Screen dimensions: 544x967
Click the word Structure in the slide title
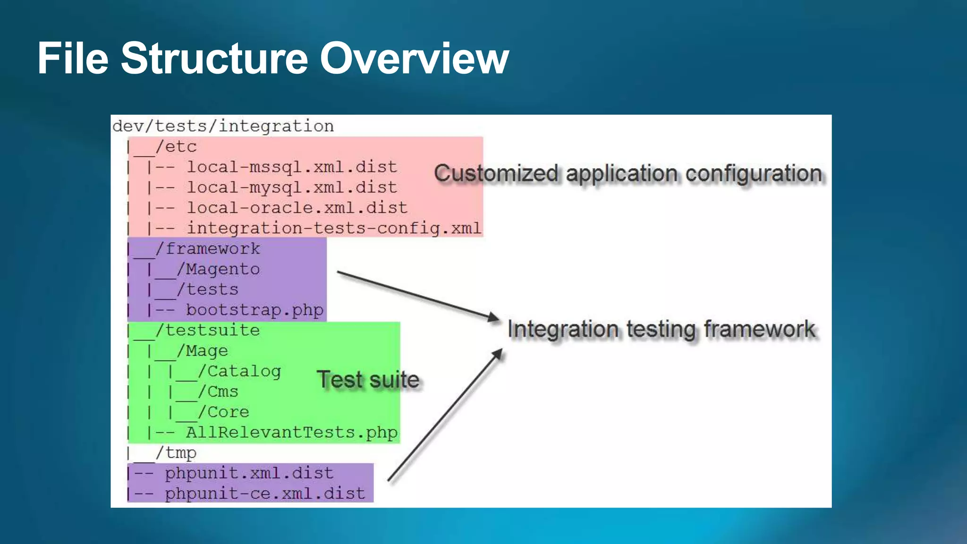tap(214, 58)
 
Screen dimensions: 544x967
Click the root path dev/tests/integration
tap(223, 126)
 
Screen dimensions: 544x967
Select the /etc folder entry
tap(176, 147)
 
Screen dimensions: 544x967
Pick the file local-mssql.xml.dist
tap(292, 167)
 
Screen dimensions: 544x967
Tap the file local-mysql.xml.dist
tap(292, 187)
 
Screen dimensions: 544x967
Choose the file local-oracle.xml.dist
tap(297, 208)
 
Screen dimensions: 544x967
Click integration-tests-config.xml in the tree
tap(334, 228)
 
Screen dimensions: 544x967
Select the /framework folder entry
tap(208, 249)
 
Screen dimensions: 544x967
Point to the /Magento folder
tap(218, 269)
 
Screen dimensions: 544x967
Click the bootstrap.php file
tap(254, 310)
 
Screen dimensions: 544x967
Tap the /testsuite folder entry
tap(208, 330)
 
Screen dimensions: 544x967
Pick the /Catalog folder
tap(239, 371)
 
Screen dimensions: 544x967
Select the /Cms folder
tap(218, 391)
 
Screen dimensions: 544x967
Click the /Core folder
tap(223, 412)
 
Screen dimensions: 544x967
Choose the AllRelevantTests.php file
tap(292, 433)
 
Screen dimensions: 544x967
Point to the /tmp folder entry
tap(176, 453)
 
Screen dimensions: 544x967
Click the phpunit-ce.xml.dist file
tap(265, 493)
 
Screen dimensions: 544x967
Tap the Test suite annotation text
tap(368, 380)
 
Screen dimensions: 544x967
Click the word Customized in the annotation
tap(496, 173)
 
